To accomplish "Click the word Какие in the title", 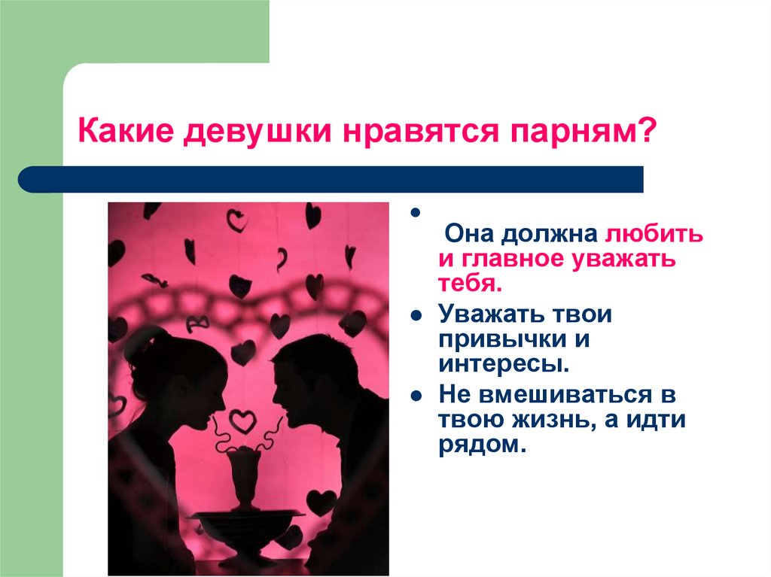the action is (x=126, y=130).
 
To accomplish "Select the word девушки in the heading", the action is (x=258, y=132).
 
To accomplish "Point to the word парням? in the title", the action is (x=583, y=132).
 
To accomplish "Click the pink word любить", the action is (x=654, y=234).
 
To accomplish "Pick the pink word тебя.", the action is (x=470, y=283).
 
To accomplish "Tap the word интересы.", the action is (x=504, y=364).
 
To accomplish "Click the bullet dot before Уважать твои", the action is (x=416, y=315).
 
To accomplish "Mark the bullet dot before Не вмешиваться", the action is (x=416, y=396).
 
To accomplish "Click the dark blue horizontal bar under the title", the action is (x=331, y=179).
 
